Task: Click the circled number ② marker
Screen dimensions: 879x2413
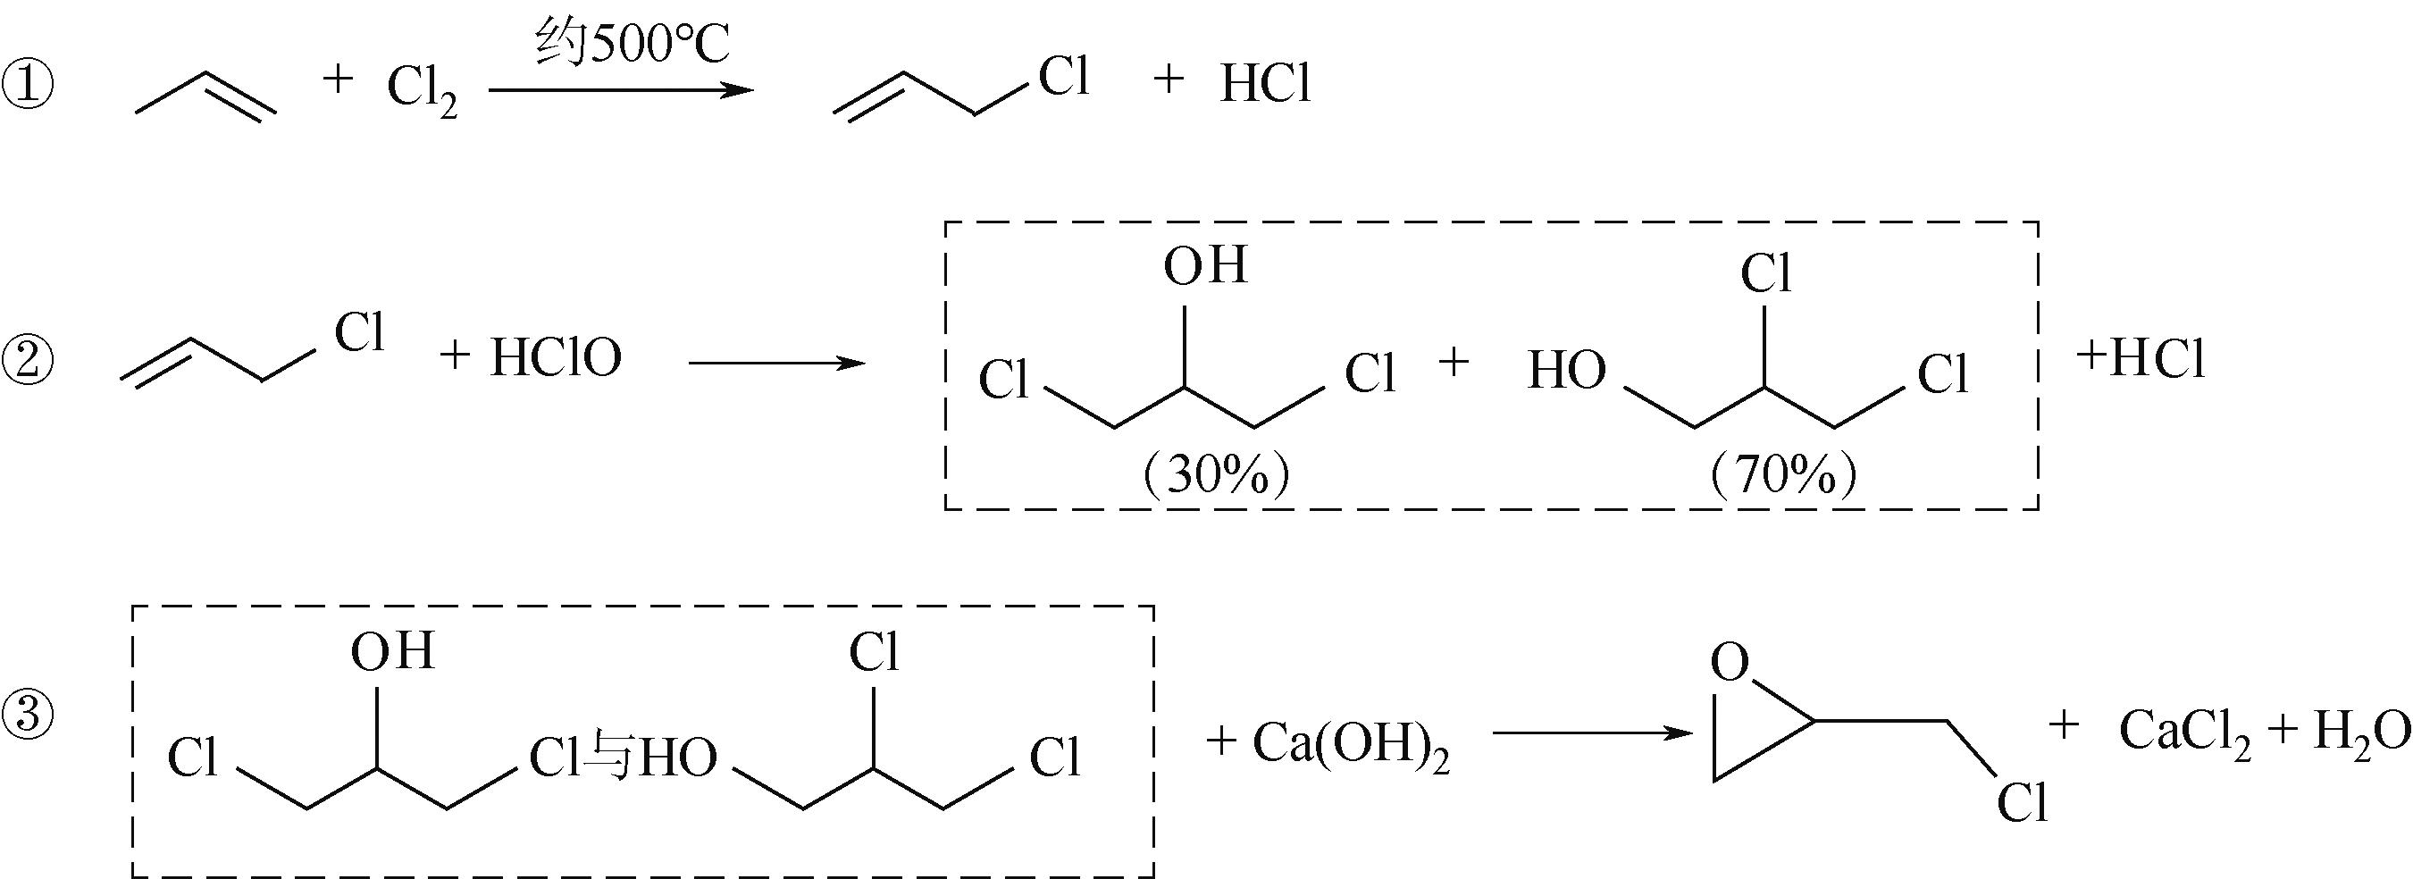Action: tap(28, 360)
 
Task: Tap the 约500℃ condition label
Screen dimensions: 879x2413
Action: tap(633, 44)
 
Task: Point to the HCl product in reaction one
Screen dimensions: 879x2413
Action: tap(1265, 84)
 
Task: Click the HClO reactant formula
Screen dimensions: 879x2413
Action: tap(556, 359)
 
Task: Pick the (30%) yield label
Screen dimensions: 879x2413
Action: tap(1216, 476)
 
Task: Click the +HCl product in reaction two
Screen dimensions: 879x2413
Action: tap(2141, 360)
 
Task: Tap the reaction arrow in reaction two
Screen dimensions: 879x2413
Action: tap(775, 362)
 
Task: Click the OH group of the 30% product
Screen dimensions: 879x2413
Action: tap(1205, 265)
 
